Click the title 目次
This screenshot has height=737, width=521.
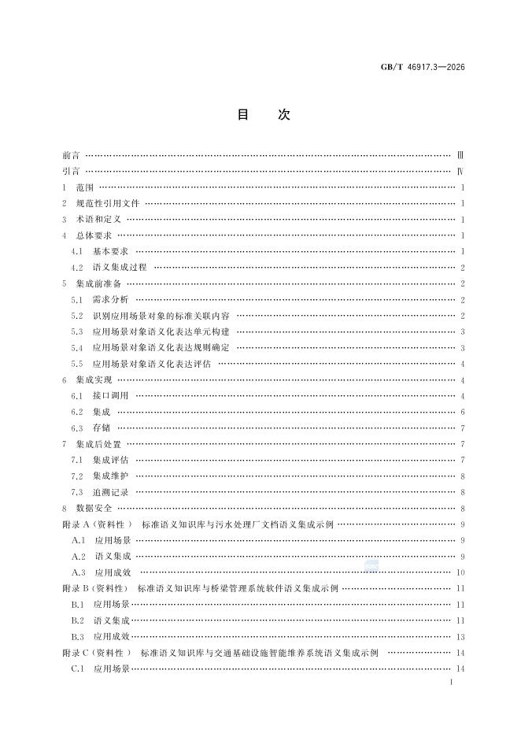pos(264,115)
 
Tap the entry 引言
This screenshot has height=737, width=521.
pos(71,171)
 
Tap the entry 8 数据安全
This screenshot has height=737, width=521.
pos(93,509)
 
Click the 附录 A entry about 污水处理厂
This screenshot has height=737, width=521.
pos(236,524)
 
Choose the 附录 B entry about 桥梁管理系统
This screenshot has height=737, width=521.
pos(236,588)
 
